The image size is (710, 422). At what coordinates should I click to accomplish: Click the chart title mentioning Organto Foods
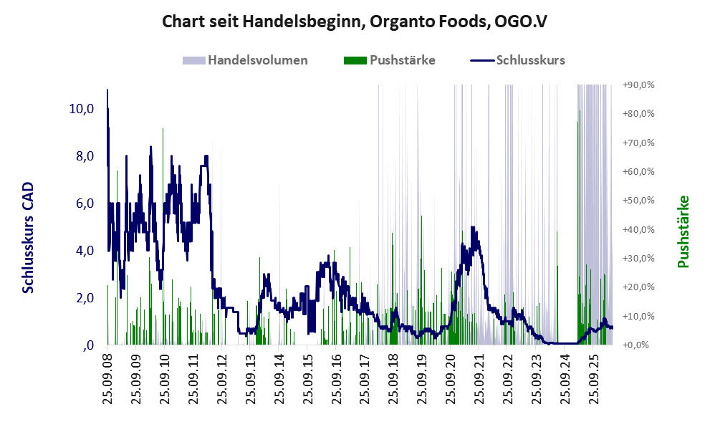click(x=355, y=21)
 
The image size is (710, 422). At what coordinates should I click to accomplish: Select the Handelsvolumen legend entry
click(x=245, y=60)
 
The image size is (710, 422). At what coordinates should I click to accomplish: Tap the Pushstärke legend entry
click(x=390, y=60)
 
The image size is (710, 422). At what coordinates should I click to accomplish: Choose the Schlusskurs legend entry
click(x=518, y=60)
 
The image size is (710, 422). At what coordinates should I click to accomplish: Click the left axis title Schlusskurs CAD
click(x=28, y=238)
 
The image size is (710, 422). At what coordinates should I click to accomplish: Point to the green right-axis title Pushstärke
click(x=683, y=231)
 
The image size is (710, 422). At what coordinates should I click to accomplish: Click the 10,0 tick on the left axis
click(x=82, y=109)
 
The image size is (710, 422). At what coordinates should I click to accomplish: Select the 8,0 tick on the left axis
click(x=85, y=156)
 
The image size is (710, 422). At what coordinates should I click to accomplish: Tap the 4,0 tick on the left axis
click(x=85, y=250)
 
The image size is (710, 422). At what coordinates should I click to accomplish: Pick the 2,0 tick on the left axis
click(x=85, y=297)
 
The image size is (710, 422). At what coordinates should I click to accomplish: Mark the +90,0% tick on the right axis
click(x=638, y=85)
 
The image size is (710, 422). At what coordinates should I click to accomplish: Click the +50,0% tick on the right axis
click(x=638, y=200)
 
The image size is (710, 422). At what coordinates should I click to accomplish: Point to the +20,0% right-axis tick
click(x=638, y=287)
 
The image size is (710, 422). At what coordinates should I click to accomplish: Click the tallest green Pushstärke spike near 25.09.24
click(x=580, y=226)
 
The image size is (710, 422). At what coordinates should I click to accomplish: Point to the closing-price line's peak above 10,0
click(x=107, y=90)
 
